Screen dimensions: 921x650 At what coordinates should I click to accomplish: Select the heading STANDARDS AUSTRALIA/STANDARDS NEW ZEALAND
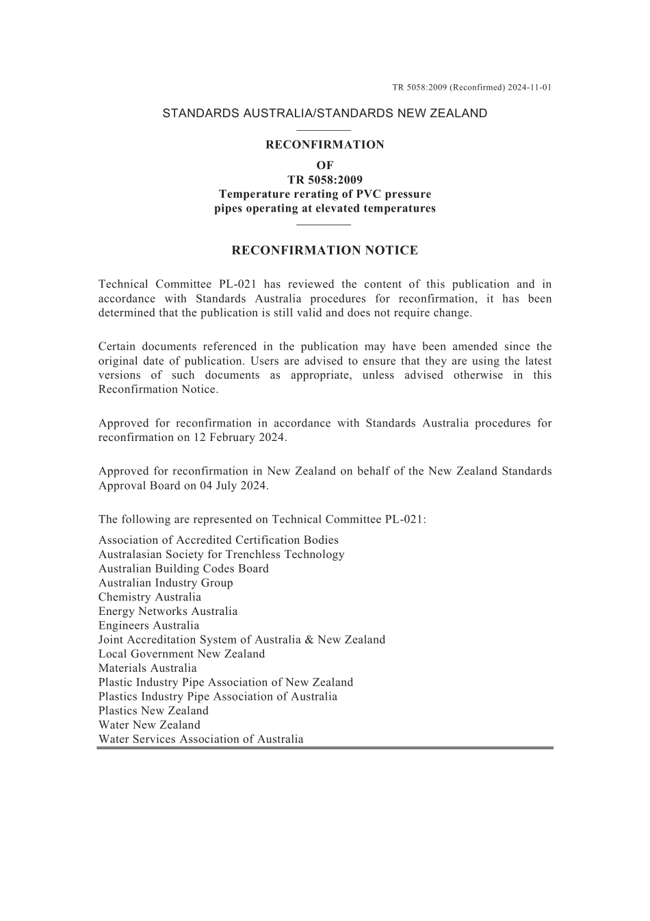[x=324, y=114]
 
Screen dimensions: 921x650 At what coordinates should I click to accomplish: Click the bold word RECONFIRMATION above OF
[x=324, y=145]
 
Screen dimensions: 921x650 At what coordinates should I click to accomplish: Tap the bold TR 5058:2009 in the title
[x=324, y=180]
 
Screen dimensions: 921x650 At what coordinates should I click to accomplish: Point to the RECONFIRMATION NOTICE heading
[x=324, y=251]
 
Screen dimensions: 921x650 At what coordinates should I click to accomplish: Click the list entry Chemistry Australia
[x=150, y=597]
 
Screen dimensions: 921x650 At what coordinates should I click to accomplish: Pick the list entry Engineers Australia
[x=148, y=625]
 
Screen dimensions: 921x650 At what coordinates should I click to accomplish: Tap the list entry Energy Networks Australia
[x=168, y=611]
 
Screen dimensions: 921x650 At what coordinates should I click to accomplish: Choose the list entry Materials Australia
[x=147, y=668]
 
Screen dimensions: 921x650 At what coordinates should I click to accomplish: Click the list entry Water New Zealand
[x=149, y=725]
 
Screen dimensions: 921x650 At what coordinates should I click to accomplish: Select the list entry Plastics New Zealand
[x=153, y=711]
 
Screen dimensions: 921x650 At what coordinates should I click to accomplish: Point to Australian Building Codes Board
[x=183, y=569]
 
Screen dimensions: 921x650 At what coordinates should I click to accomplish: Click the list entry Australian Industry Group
[x=166, y=583]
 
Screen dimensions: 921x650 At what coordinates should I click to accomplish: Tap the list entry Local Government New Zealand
[x=181, y=654]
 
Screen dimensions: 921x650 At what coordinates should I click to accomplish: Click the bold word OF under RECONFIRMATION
[x=324, y=166]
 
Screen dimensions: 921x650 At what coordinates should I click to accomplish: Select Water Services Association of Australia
[x=200, y=740]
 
